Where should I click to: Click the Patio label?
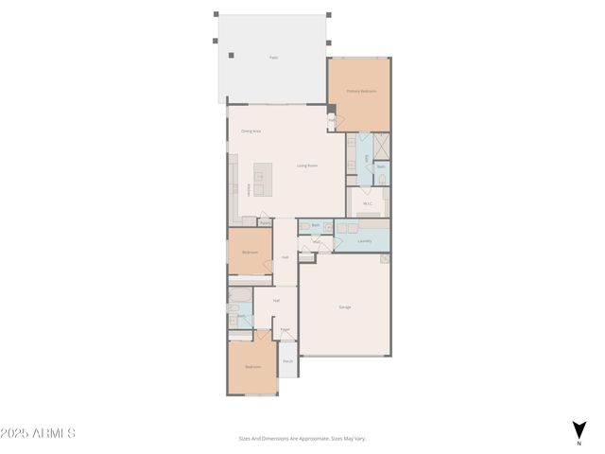(274, 58)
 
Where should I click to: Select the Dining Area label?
(251, 131)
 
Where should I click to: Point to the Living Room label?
(307, 166)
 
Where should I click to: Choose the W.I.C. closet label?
(367, 202)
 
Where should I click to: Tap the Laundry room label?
(365, 240)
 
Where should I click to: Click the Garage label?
(346, 307)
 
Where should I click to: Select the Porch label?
(287, 361)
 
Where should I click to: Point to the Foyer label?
(285, 330)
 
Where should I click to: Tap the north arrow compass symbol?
(579, 431)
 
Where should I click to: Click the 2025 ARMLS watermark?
(38, 433)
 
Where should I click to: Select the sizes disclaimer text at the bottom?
(302, 438)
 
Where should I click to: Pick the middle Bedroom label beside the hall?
(250, 253)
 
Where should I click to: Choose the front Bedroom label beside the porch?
(253, 367)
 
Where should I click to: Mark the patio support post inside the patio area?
(232, 54)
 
